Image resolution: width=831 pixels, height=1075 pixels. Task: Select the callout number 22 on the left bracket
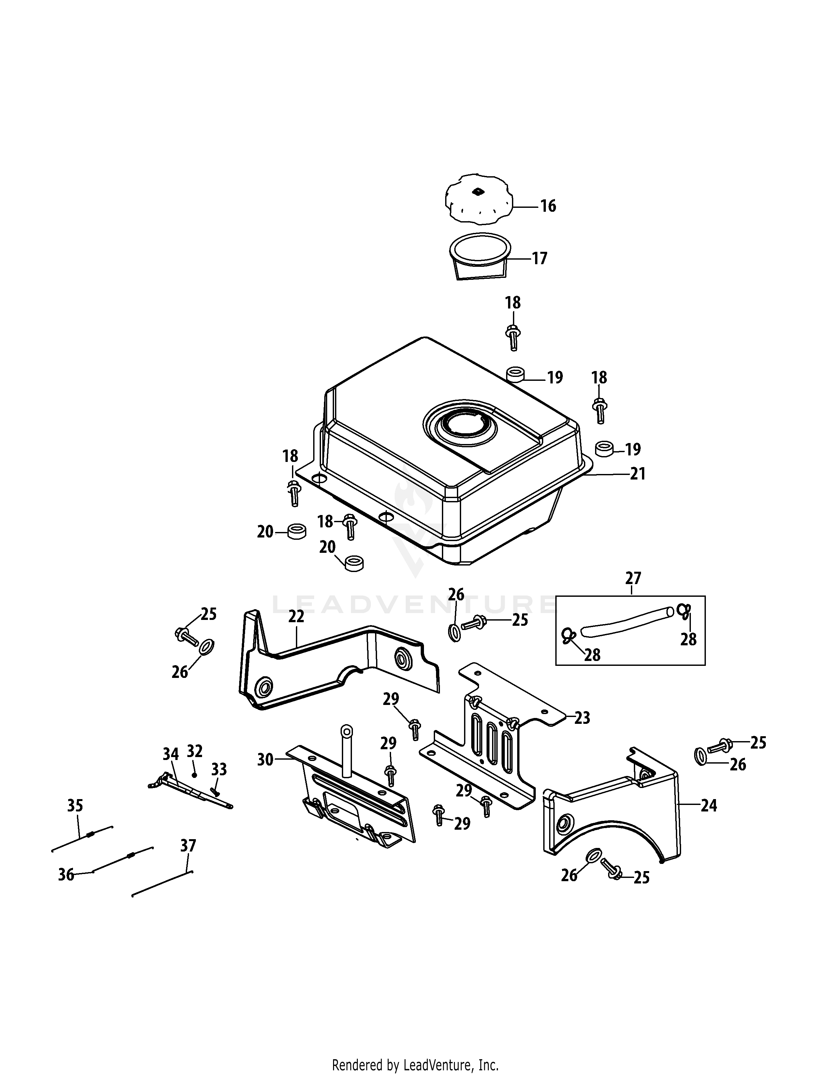(x=296, y=617)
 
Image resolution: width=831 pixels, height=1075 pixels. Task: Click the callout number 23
(x=582, y=718)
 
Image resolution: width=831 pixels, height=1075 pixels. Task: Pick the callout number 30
(x=265, y=759)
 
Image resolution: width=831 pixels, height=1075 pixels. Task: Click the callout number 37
(x=188, y=846)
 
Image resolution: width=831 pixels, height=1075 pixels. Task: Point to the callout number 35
(x=75, y=806)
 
